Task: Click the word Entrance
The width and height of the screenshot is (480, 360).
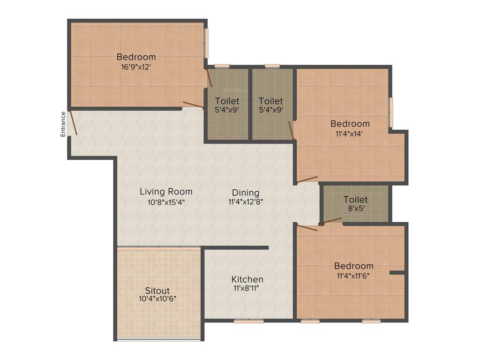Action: pyautogui.click(x=63, y=124)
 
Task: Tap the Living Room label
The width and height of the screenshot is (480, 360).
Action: pyautogui.click(x=166, y=191)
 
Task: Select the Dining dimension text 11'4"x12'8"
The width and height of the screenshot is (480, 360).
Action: pyautogui.click(x=246, y=202)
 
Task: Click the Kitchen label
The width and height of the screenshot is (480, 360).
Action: pyautogui.click(x=247, y=279)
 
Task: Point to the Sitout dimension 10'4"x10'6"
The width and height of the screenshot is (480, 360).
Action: pyautogui.click(x=157, y=299)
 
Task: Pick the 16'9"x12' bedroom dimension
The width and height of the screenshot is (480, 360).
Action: pyautogui.click(x=136, y=67)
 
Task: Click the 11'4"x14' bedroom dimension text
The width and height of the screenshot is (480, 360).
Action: pyautogui.click(x=350, y=133)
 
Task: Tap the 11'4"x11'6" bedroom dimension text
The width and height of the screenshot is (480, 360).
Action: pyautogui.click(x=353, y=276)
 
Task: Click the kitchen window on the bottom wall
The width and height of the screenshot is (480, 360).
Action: pyautogui.click(x=248, y=321)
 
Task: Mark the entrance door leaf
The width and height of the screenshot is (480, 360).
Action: pyautogui.click(x=73, y=123)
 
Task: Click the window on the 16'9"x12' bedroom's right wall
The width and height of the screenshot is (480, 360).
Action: pyautogui.click(x=206, y=43)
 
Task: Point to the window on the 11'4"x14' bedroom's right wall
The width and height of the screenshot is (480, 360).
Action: pyautogui.click(x=391, y=112)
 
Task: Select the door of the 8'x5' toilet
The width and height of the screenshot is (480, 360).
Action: pyautogui.click(x=332, y=220)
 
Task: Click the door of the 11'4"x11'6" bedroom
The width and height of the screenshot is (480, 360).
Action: pyautogui.click(x=307, y=228)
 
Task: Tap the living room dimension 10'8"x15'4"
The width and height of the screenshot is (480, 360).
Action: pyautogui.click(x=166, y=202)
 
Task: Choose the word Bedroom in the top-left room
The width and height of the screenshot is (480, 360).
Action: pyautogui.click(x=136, y=57)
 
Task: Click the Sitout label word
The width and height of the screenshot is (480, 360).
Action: pyautogui.click(x=157, y=290)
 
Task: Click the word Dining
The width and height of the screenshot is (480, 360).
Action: pyautogui.click(x=246, y=193)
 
